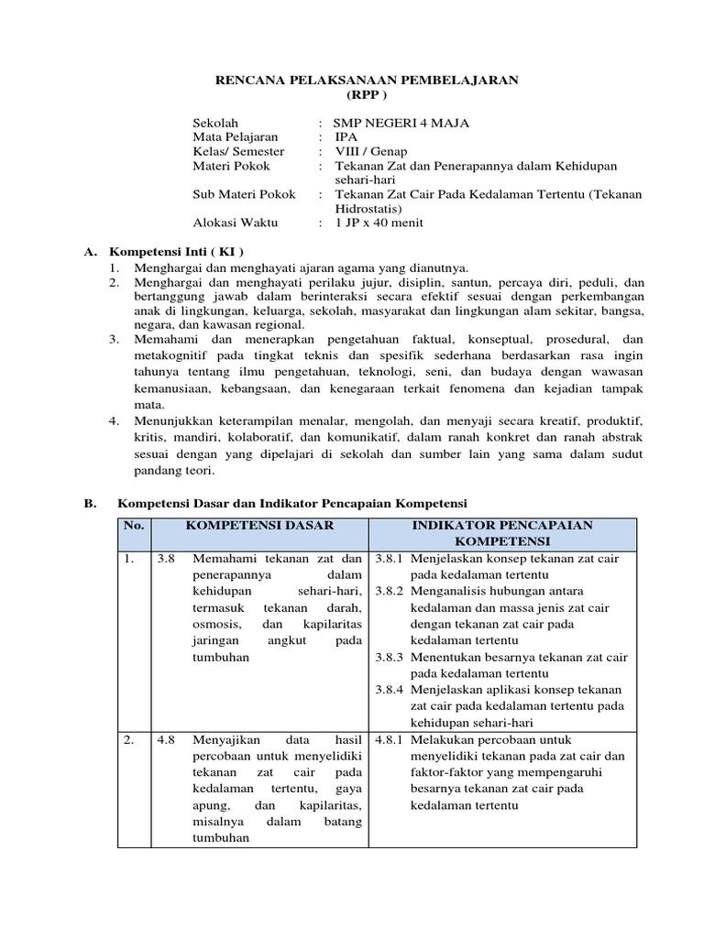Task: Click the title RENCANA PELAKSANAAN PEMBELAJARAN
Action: (367, 81)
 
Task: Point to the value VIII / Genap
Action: (371, 151)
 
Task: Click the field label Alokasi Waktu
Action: (234, 222)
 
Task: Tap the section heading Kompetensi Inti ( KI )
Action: (177, 251)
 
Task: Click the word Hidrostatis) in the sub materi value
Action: (368, 208)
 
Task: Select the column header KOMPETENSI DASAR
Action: (259, 525)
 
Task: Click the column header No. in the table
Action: (134, 525)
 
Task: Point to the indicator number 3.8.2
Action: (390, 591)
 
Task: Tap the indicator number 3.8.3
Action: (390, 657)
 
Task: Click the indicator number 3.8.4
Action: (390, 690)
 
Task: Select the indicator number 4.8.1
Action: (390, 739)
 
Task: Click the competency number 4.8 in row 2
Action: (165, 739)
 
